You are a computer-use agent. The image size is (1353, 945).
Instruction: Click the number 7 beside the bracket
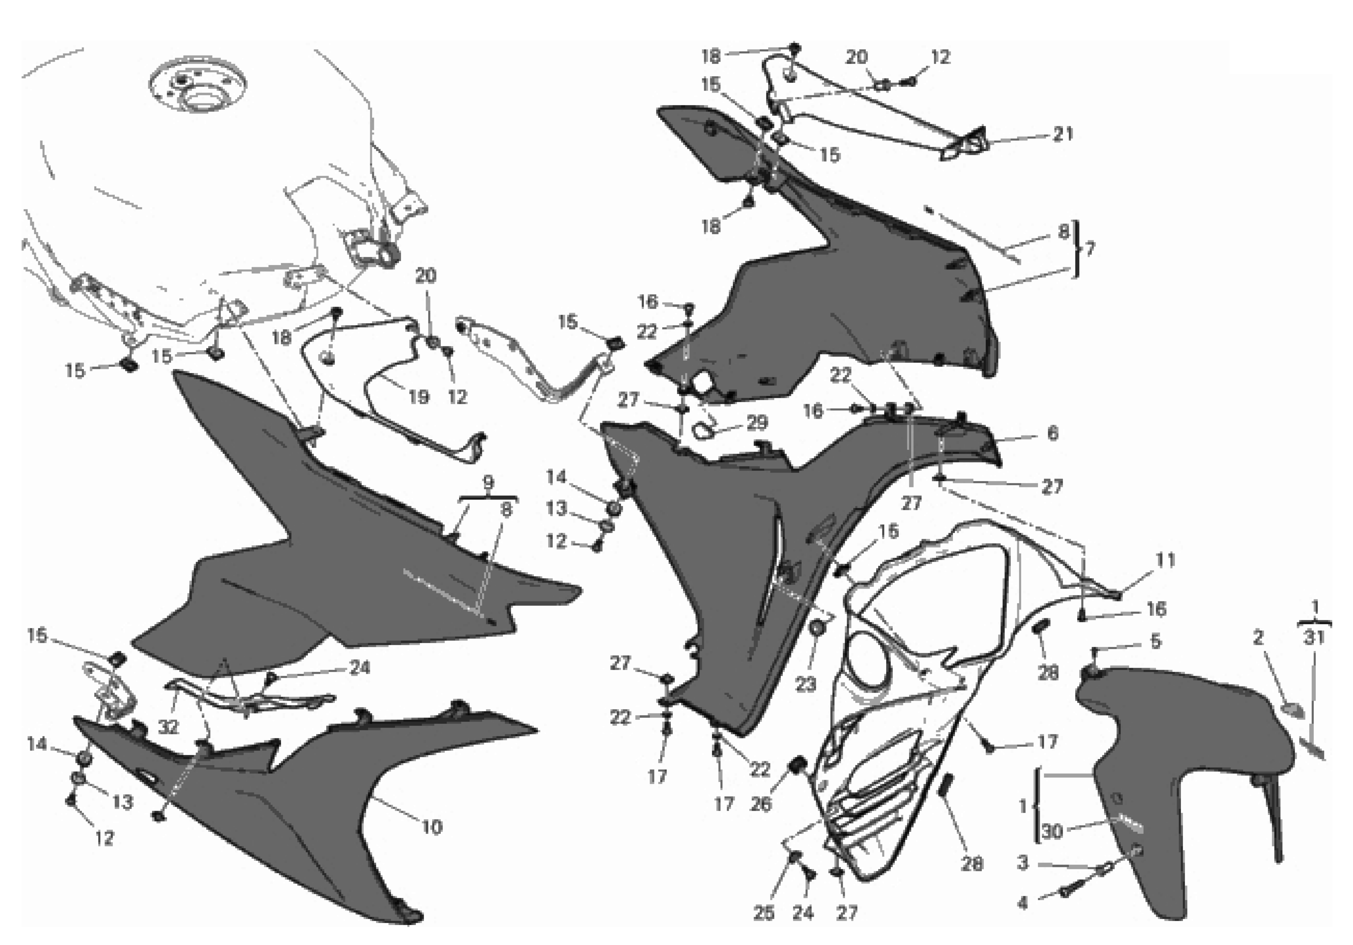pyautogui.click(x=1090, y=249)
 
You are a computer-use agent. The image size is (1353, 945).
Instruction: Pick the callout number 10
pyautogui.click(x=431, y=827)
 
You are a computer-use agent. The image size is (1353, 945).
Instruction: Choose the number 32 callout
pyautogui.click(x=169, y=727)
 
